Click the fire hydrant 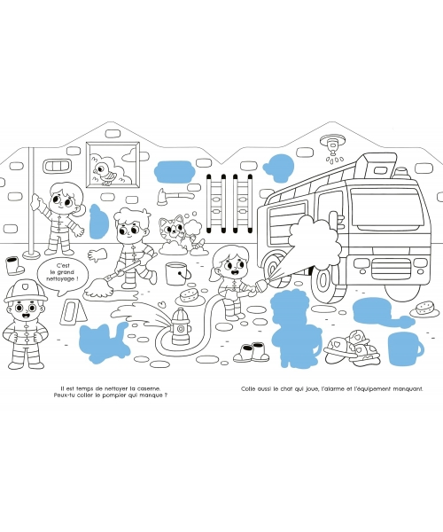coord(180,326)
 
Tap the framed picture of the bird coord(113,165)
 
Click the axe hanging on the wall coord(175,197)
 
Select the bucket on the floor coord(177,273)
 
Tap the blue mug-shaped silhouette coord(405,348)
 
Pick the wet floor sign coord(73,312)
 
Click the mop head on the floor coord(99,289)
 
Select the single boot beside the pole coord(14,266)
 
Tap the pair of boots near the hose coord(251,352)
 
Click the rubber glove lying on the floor coord(97,254)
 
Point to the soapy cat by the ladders coord(174,231)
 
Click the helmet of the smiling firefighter coord(26,291)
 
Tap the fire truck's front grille coord(392,269)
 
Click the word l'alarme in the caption coord(330,389)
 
